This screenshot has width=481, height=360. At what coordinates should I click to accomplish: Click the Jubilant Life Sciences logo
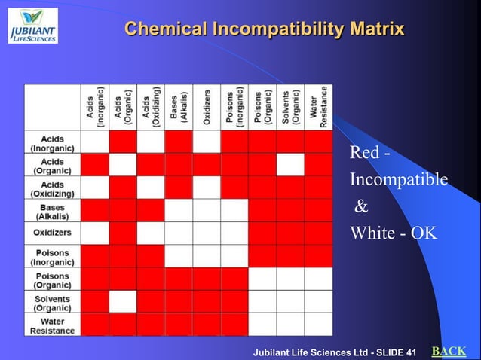pos(32,25)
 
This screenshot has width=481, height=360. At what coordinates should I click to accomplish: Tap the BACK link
pos(449,351)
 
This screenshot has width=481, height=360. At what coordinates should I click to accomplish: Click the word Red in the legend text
pos(363,153)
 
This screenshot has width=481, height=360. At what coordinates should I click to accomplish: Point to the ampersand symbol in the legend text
pos(361,206)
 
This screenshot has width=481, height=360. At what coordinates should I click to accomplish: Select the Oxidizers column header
pos(207,108)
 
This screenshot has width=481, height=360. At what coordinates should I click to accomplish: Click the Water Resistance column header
pos(318,108)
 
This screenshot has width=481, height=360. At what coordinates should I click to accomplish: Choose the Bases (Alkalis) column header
pos(179,108)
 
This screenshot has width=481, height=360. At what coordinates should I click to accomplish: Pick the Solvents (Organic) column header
pos(290,108)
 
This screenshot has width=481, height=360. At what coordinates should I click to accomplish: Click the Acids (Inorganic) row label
pos(53,143)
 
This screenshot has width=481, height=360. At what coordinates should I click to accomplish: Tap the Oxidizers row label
pos(53,233)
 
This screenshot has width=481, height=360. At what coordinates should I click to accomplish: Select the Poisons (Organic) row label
pos(53,280)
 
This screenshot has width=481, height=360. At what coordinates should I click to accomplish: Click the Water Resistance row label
pos(53,325)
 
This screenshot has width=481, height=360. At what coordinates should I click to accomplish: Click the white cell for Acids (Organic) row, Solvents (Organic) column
pos(290,165)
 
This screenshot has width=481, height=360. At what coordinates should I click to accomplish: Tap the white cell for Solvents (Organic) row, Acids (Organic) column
pos(123,302)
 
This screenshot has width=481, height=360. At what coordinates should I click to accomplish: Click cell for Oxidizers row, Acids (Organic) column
pos(123,233)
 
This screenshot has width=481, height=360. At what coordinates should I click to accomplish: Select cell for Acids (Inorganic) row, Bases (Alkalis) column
pos(179,142)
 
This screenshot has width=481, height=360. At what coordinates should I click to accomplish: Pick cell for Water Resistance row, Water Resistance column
pos(318,325)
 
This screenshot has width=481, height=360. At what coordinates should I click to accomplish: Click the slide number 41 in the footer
pos(410,352)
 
